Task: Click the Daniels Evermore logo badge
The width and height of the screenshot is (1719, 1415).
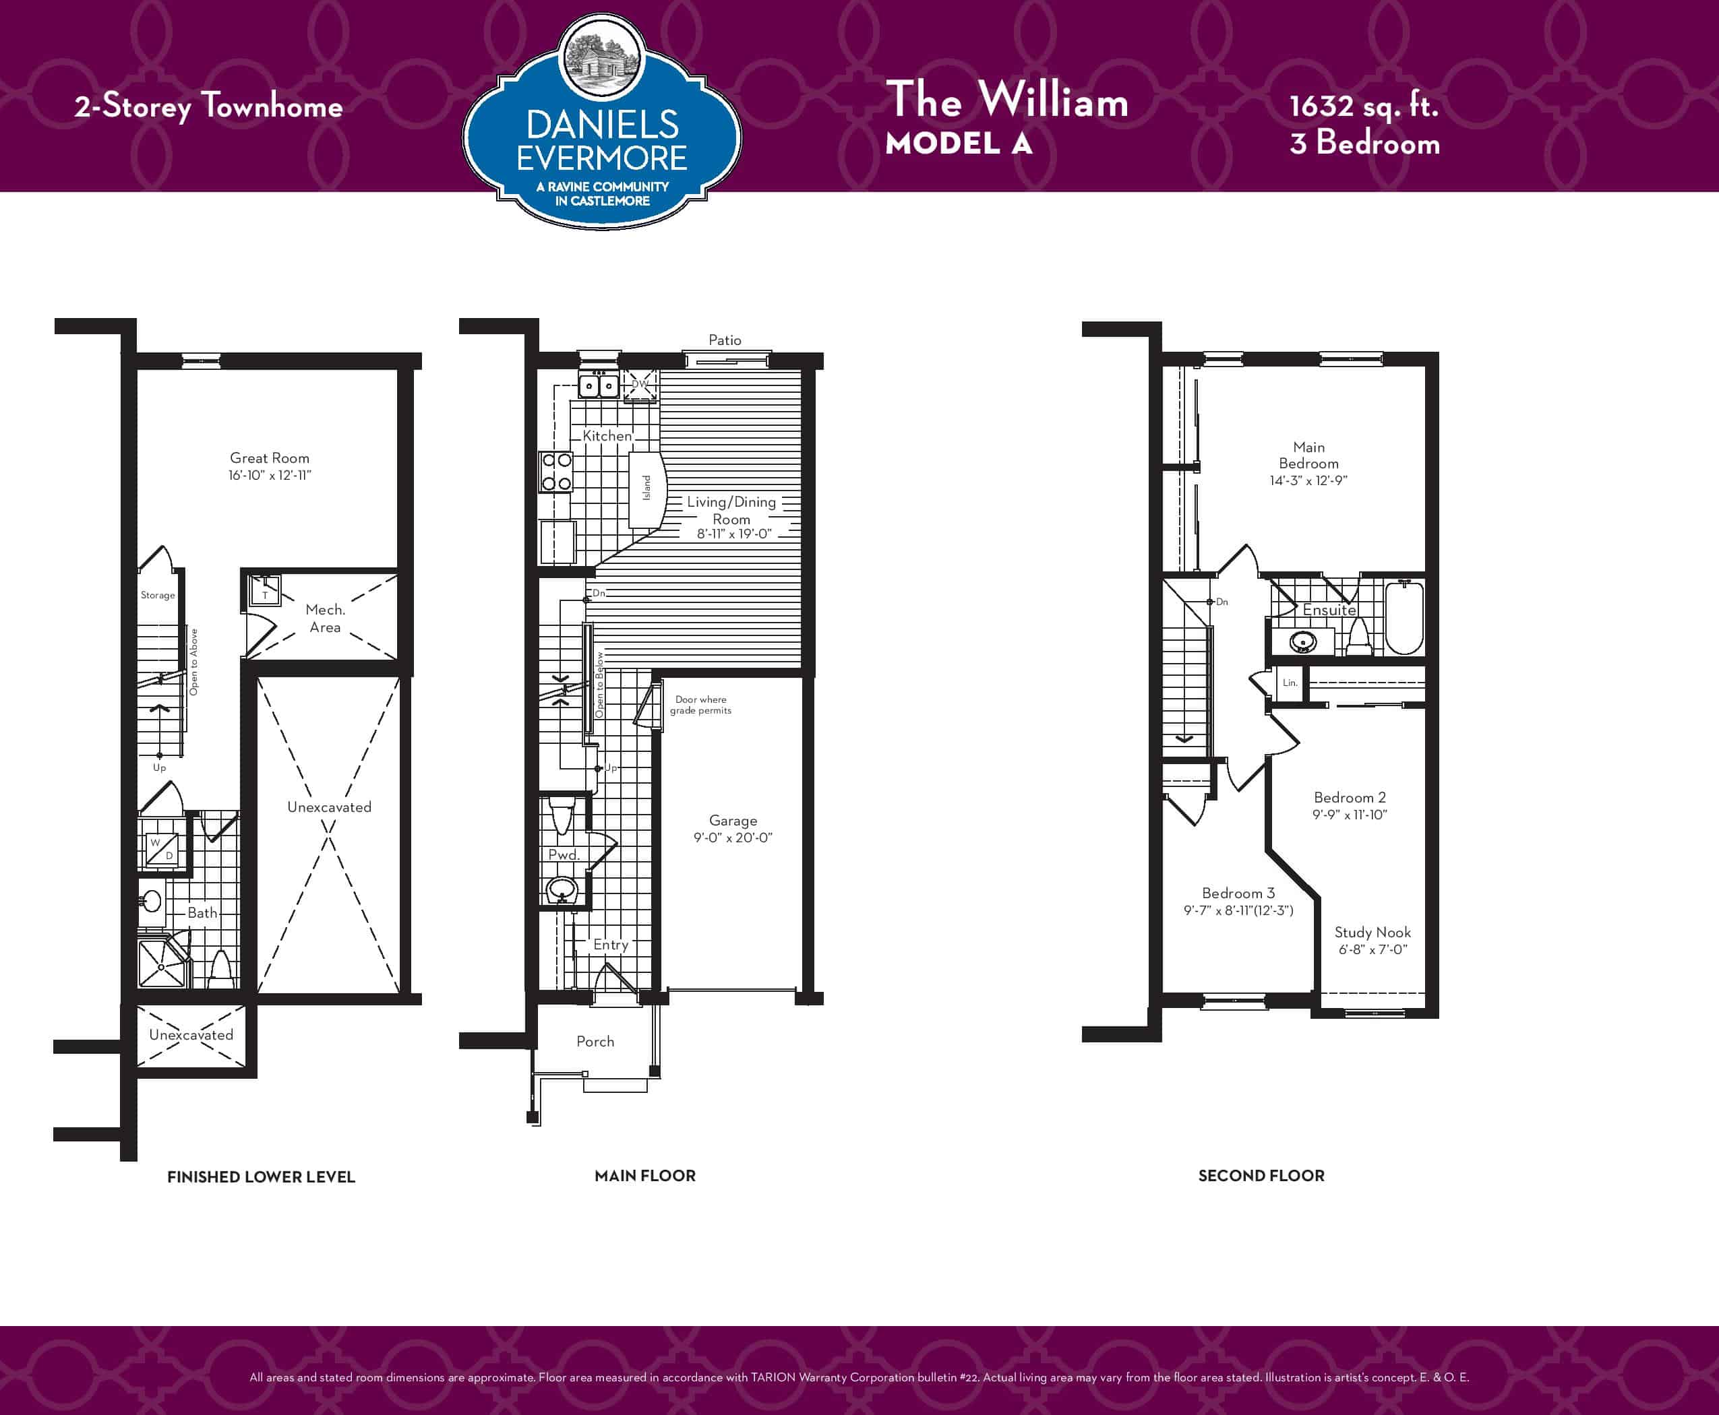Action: [x=602, y=122]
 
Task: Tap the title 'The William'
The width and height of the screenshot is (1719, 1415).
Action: [x=1007, y=100]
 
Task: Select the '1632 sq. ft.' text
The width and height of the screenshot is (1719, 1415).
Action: [x=1364, y=106]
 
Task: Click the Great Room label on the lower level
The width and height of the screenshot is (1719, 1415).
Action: [x=269, y=458]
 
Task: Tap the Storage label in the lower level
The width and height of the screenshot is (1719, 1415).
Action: [x=157, y=595]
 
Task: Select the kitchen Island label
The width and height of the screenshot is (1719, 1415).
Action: [x=646, y=487]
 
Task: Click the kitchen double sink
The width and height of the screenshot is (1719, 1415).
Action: [x=599, y=385]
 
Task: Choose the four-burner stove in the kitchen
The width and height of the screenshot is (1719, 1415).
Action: [x=556, y=472]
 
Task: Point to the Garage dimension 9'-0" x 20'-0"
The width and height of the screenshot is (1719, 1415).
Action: [x=732, y=837]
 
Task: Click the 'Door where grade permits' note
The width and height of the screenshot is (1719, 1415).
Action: [x=700, y=705]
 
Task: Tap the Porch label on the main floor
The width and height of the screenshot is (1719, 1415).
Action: [x=595, y=1041]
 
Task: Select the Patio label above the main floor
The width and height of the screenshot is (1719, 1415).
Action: [x=725, y=340]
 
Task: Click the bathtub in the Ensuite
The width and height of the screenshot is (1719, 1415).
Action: [x=1404, y=617]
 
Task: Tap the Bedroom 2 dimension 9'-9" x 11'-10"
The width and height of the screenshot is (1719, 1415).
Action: [x=1350, y=814]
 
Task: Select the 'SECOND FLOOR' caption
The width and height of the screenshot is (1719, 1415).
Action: [x=1261, y=1175]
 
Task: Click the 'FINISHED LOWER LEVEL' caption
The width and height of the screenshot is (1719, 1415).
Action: [x=261, y=1177]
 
